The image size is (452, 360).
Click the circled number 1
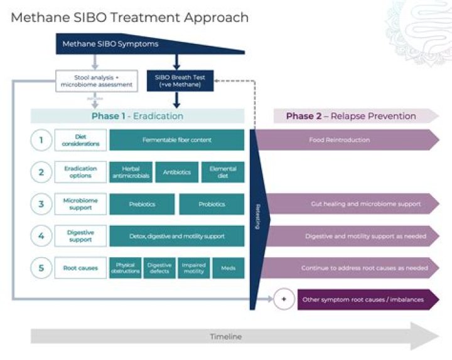pyautogui.click(x=41, y=140)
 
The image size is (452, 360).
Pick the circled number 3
pyautogui.click(x=41, y=204)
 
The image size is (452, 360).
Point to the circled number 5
pyautogui.click(x=41, y=268)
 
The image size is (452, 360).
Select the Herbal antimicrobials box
pyautogui.click(x=131, y=172)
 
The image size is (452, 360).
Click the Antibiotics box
pyautogui.click(x=176, y=172)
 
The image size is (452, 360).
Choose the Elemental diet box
pyautogui.click(x=223, y=172)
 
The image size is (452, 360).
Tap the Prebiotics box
pyautogui.click(x=142, y=204)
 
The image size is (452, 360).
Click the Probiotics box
pyautogui.click(x=212, y=204)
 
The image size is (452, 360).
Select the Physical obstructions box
pyautogui.click(x=126, y=268)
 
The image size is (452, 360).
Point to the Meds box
pyautogui.click(x=229, y=268)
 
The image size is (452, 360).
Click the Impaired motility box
pyautogui.click(x=193, y=268)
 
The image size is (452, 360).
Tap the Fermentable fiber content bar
pyautogui.click(x=176, y=140)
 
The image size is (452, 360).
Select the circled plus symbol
pyautogui.click(x=283, y=299)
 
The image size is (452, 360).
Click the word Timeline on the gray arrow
pyautogui.click(x=225, y=337)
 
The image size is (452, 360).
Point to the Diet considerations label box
pyautogui.click(x=80, y=140)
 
